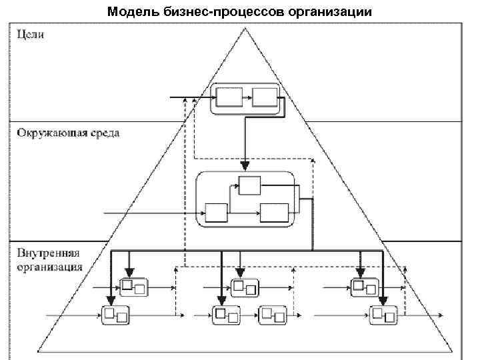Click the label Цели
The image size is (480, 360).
pyautogui.click(x=31, y=35)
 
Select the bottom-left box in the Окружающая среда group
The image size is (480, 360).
pyautogui.click(x=217, y=213)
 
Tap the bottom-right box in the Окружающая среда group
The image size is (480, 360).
pyautogui.click(x=274, y=213)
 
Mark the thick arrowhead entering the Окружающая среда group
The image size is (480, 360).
pyautogui.click(x=245, y=165)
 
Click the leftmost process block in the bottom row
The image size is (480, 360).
pyautogui.click(x=115, y=314)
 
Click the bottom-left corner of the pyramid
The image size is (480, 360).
pyautogui.click(x=38, y=351)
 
